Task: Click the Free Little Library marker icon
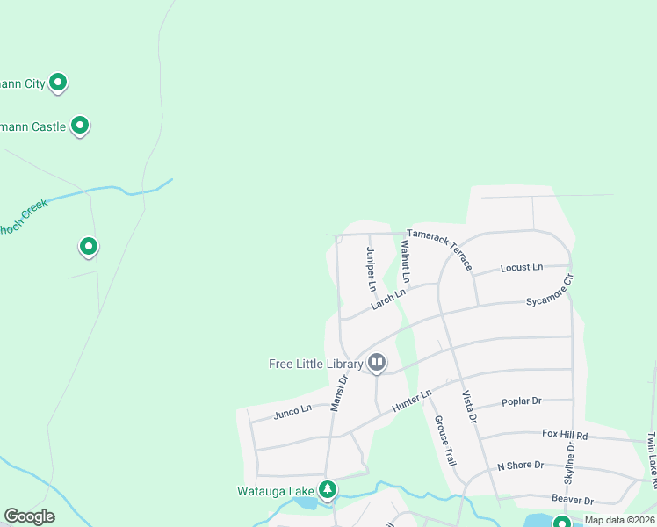tap(377, 361)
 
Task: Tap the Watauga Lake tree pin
tap(328, 488)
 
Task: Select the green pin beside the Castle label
tap(80, 125)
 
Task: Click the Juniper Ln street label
tap(371, 269)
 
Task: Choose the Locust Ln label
tap(522, 267)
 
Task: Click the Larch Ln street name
tap(388, 299)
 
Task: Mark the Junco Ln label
tap(292, 410)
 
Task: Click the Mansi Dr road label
tap(340, 392)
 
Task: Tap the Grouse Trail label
tap(445, 440)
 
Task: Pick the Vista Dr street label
tap(469, 407)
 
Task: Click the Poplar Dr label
tap(521, 401)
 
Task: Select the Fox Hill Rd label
tap(565, 435)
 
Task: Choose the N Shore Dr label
tap(521, 466)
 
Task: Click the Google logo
tap(30, 516)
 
